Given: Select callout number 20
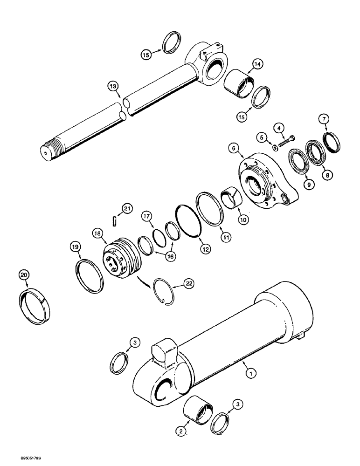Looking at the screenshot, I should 24,275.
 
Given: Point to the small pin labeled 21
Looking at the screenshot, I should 114,221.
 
